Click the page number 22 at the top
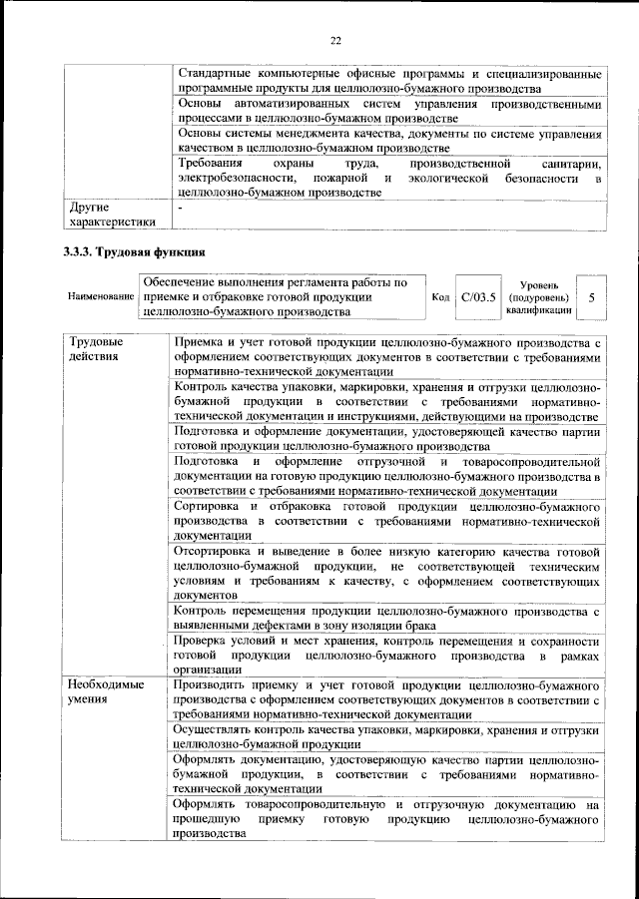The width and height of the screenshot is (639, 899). tap(335, 40)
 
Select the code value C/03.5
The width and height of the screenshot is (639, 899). tap(478, 296)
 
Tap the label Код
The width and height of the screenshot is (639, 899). tap(440, 297)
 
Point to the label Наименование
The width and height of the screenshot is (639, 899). tap(100, 297)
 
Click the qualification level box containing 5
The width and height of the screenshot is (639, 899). tap(592, 297)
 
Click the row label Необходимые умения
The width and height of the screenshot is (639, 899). tap(104, 693)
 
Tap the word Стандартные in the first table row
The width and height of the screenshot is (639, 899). tap(215, 75)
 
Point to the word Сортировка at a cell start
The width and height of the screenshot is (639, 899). tap(209, 506)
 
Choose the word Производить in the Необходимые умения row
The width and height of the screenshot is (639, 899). tap(213, 685)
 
